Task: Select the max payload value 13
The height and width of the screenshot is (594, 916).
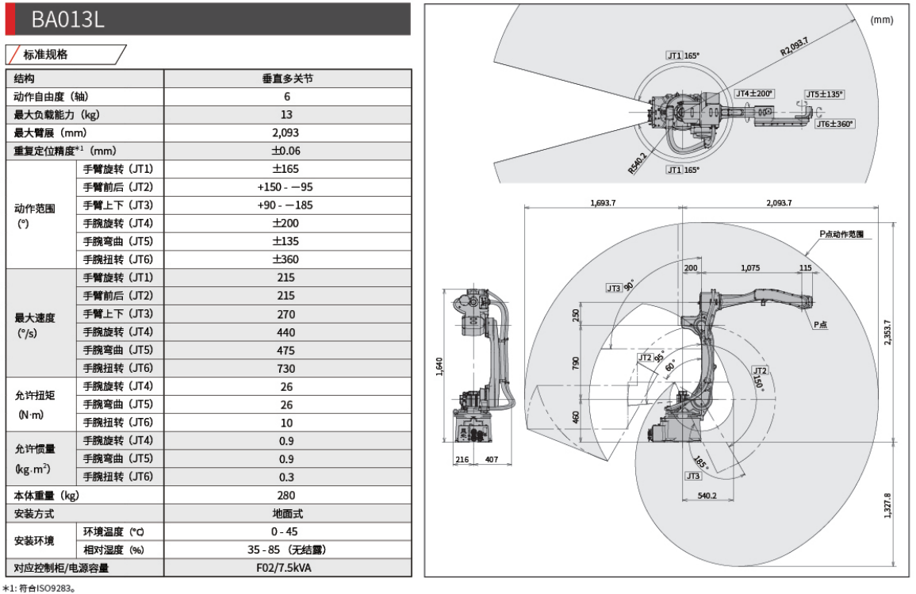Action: [x=286, y=114]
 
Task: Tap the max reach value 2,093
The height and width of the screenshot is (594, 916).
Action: [x=286, y=132]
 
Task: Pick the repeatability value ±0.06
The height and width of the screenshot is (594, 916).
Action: [x=286, y=151]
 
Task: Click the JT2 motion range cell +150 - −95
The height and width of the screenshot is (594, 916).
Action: [x=286, y=187]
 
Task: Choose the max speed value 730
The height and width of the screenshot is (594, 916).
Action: [x=286, y=368]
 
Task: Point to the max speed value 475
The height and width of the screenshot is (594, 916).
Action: [x=286, y=350]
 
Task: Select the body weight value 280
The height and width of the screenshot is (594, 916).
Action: [x=286, y=496]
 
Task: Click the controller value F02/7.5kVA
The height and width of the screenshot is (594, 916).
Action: [x=286, y=568]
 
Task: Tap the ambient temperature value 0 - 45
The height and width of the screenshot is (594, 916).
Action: [x=286, y=531]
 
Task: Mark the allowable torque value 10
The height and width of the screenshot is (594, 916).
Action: [x=286, y=423]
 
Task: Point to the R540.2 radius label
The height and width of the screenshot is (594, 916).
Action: [x=637, y=163]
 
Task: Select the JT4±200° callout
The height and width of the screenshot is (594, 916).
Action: [x=753, y=94]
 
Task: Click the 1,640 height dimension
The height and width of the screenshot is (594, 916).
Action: [x=440, y=367]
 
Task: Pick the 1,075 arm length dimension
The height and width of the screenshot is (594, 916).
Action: [x=749, y=268]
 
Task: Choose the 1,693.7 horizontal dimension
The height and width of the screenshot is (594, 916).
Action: [x=603, y=203]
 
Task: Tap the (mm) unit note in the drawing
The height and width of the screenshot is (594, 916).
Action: [x=881, y=20]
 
